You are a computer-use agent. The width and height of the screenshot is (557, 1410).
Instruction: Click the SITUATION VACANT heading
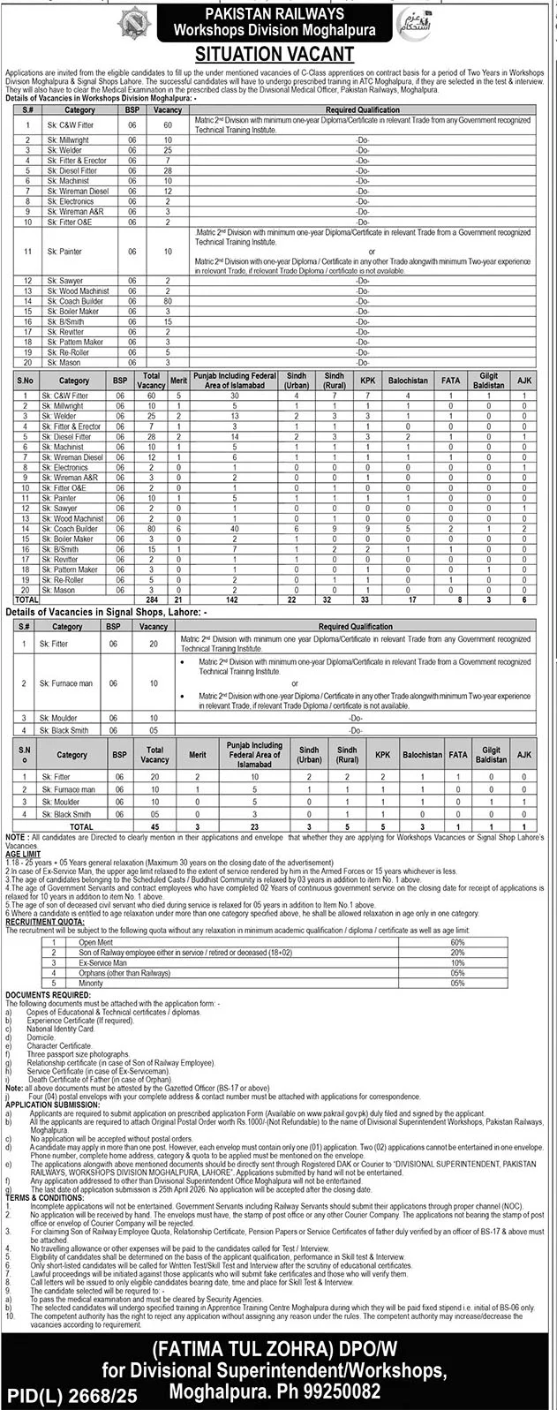tap(278, 54)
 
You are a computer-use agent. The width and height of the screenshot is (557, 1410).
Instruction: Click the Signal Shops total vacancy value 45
tap(154, 826)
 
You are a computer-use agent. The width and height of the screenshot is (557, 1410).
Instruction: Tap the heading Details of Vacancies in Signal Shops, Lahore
tap(106, 611)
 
